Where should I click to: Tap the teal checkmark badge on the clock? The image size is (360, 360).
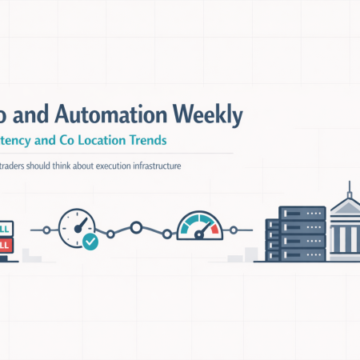coord(90,241)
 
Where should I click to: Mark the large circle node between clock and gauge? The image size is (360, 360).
coord(136,228)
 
